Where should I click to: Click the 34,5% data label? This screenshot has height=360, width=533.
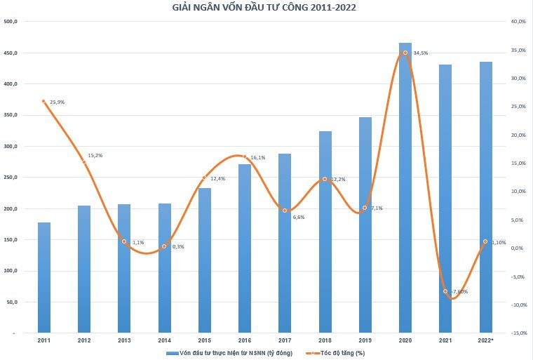pos(420,53)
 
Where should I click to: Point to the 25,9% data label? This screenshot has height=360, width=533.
pos(57,102)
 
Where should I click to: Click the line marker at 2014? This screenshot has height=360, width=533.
pos(164,246)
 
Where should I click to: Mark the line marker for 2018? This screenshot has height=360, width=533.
pos(325,179)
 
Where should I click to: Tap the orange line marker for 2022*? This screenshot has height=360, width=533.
pos(485,241)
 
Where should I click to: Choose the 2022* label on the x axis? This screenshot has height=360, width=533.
pos(486,340)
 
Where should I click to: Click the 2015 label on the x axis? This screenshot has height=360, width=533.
pos(204,340)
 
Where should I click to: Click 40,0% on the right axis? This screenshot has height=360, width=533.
pos(518,22)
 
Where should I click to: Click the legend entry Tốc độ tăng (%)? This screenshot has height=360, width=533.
pos(340,353)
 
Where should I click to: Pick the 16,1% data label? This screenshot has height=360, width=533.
pos(257,158)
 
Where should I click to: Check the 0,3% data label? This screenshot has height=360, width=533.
pos(177,247)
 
